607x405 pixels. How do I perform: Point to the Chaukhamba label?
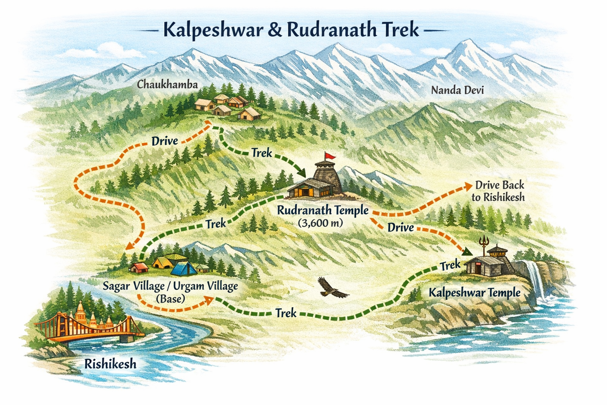point(167,85)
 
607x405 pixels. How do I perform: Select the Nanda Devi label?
point(457,90)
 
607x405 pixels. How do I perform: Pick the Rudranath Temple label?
point(322,210)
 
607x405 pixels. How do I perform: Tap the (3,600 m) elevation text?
point(320,223)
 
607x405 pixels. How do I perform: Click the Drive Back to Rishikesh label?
point(499,191)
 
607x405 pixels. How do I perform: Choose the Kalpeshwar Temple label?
point(474,293)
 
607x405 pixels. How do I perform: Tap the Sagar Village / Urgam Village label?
point(170,286)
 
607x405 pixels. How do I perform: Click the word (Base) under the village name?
point(171,299)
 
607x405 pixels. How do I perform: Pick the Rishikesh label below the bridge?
point(110,363)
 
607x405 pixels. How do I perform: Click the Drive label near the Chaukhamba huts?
point(164,141)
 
